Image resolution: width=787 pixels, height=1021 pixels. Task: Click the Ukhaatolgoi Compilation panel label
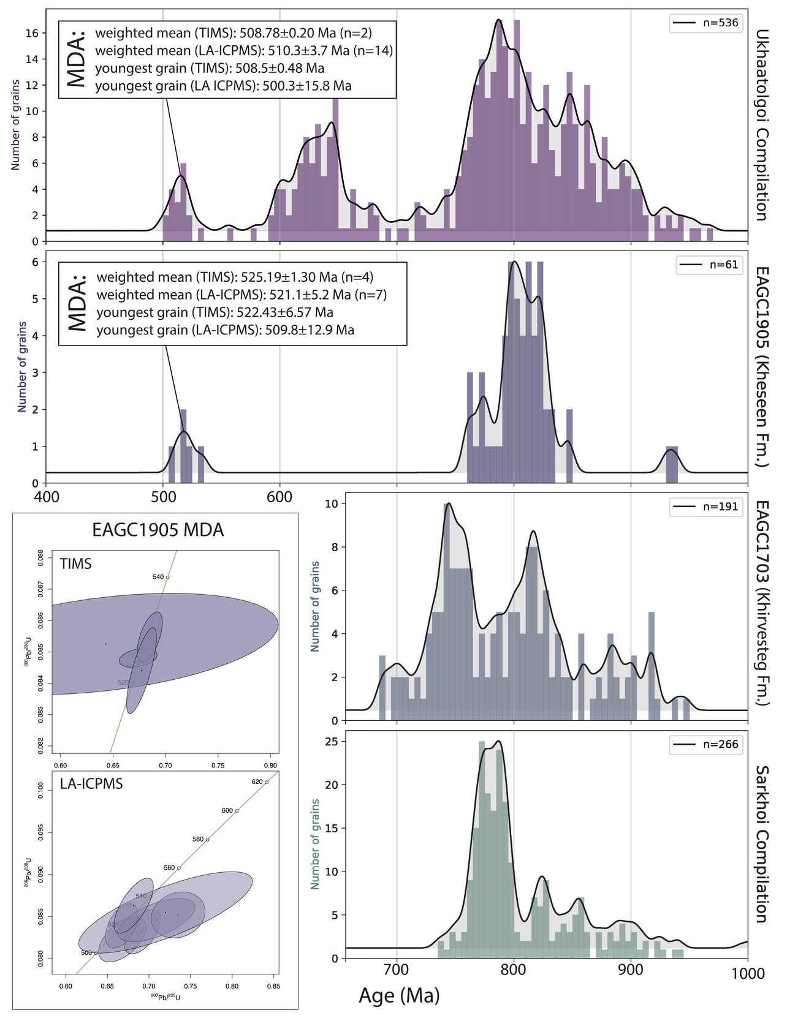point(761,125)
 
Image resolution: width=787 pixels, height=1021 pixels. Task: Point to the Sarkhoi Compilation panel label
point(761,844)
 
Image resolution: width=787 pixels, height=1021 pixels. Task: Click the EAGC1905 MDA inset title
point(158,530)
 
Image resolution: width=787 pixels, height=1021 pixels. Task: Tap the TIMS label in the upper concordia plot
point(75,564)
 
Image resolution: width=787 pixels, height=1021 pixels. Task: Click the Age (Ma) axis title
point(399,995)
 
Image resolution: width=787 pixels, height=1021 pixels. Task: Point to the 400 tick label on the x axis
point(47,497)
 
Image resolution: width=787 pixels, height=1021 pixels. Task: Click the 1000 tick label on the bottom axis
point(748,973)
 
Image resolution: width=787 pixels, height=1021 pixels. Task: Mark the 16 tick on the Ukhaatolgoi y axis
point(32,33)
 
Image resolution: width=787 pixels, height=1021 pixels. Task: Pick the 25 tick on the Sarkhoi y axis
point(331,742)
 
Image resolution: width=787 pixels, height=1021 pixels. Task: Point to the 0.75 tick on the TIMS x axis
point(218,765)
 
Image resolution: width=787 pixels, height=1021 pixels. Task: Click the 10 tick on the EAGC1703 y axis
point(331,504)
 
